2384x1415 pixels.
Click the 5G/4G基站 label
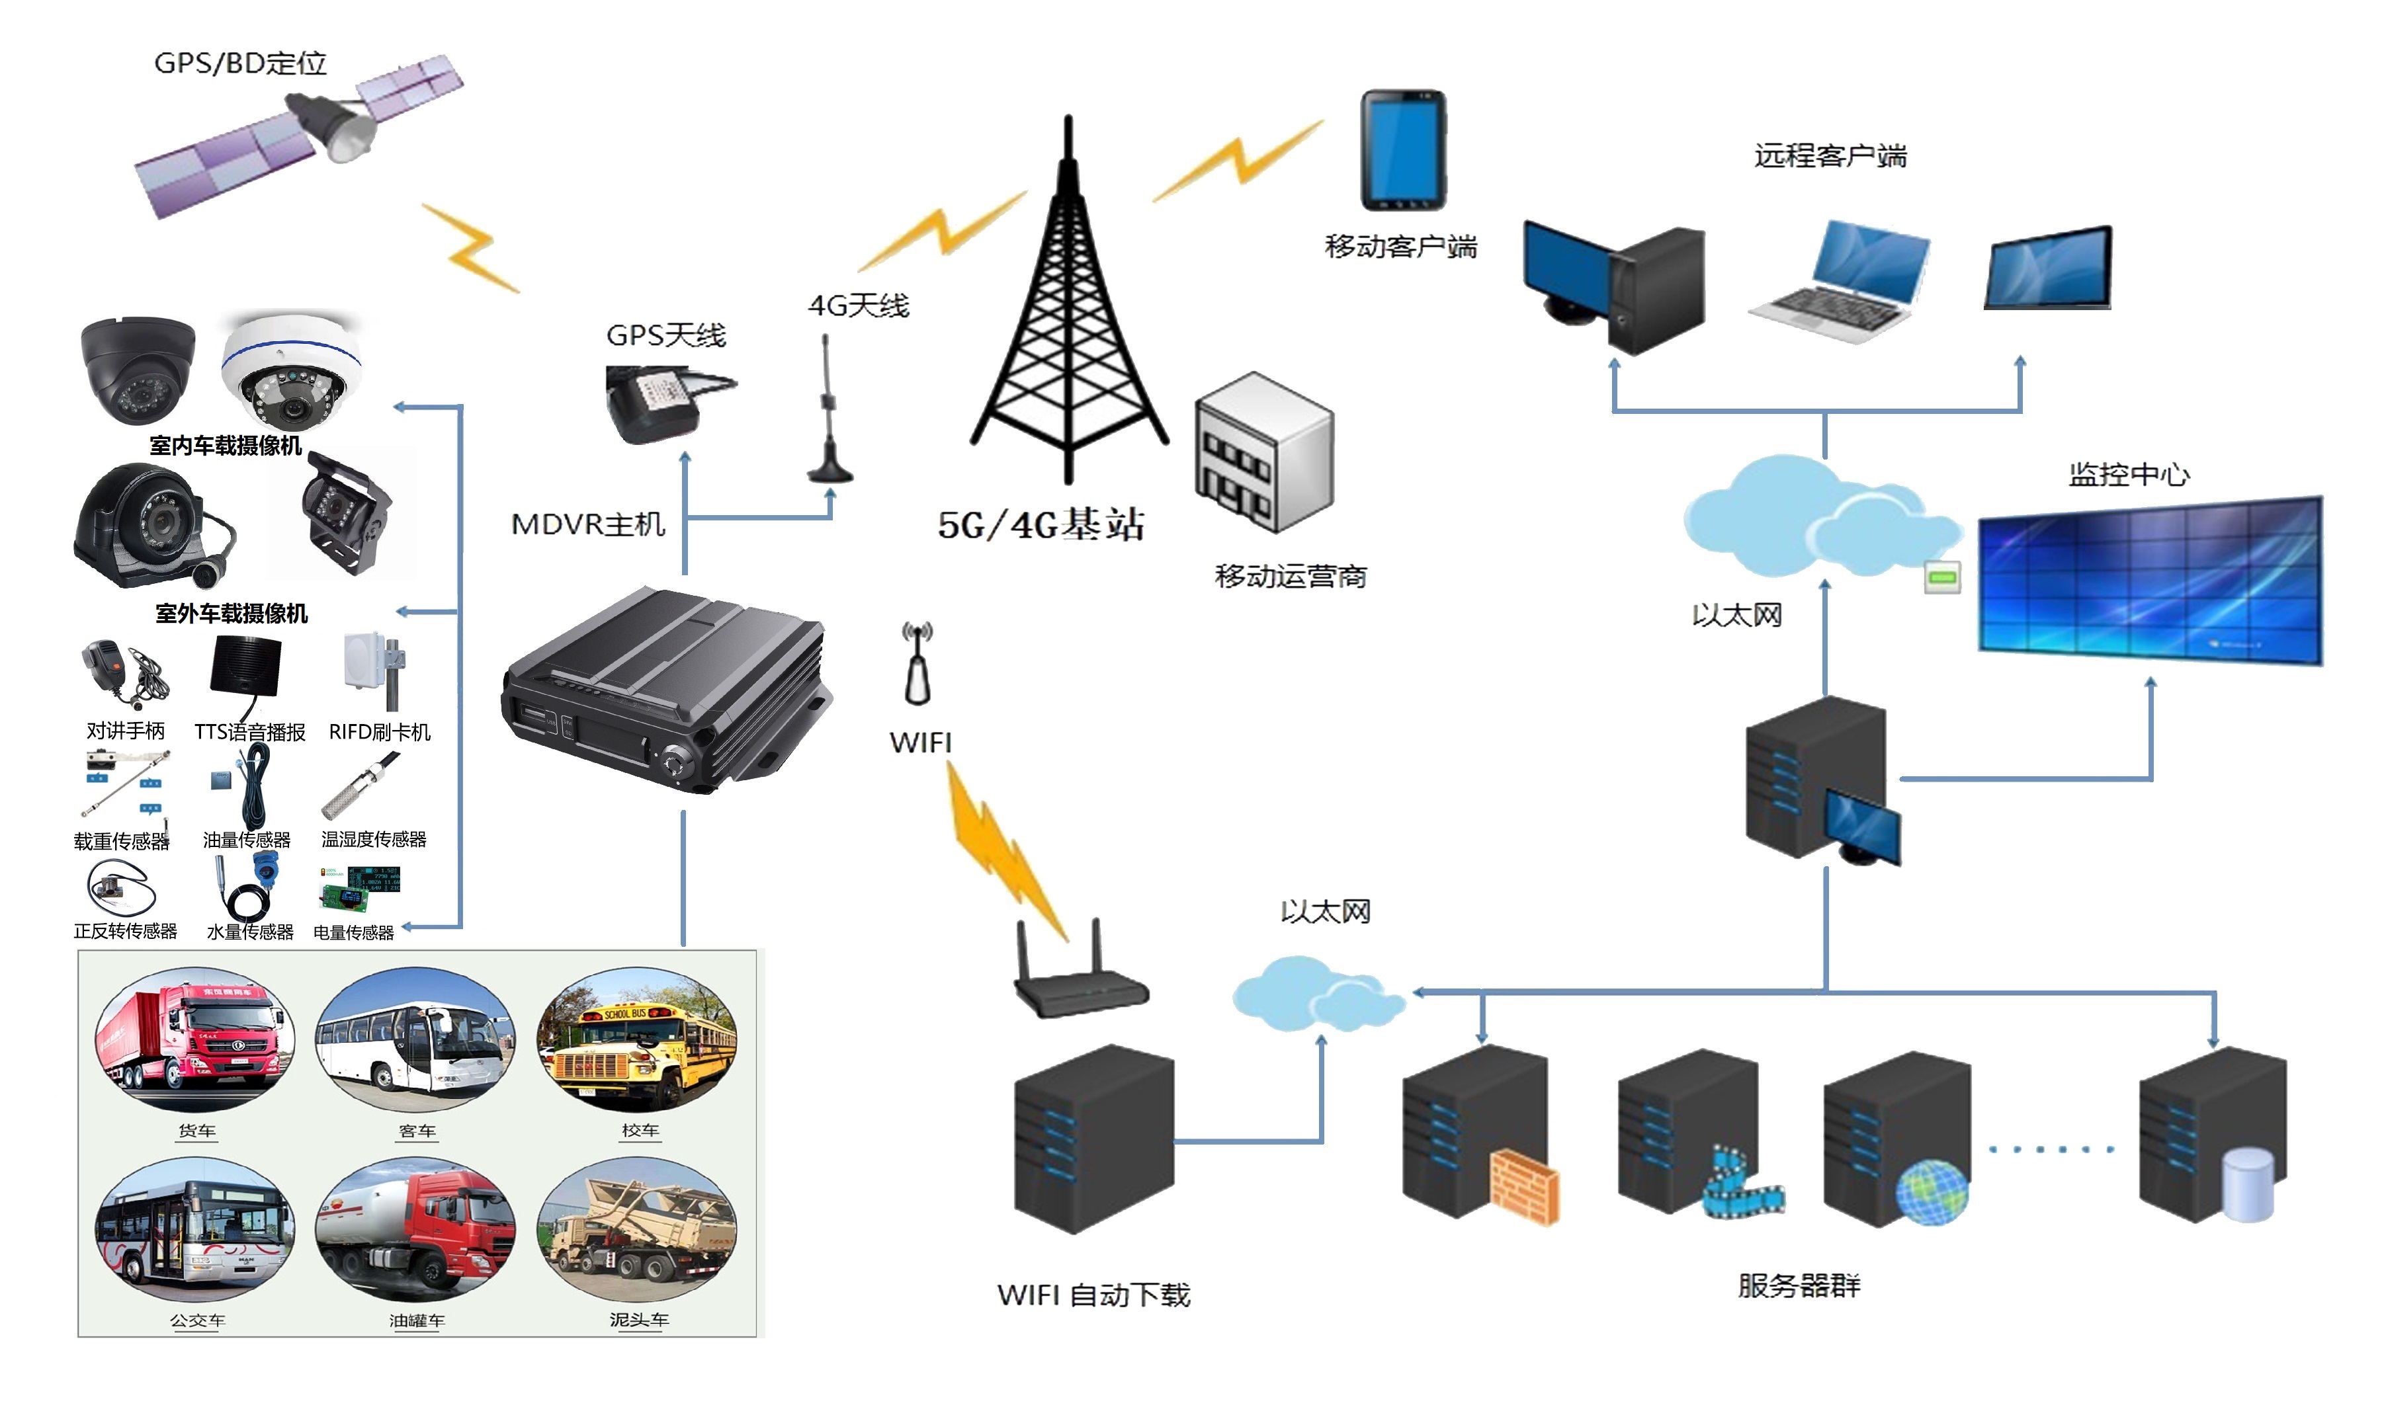pos(1041,524)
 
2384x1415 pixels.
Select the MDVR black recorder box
pos(665,691)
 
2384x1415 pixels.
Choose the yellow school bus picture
pos(636,1041)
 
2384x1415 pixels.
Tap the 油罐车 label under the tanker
pos(417,1320)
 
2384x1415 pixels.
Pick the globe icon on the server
pos(1932,1193)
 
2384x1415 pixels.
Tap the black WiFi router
pos(1080,982)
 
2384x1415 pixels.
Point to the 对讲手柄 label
pos(125,731)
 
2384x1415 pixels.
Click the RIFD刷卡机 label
pos(380,732)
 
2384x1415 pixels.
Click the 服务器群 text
pos(1799,1285)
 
